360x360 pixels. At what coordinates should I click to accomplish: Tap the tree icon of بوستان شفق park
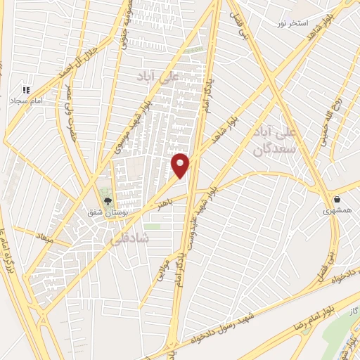107,202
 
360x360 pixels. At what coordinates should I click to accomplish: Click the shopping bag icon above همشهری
338,199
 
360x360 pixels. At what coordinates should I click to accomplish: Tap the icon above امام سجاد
26,91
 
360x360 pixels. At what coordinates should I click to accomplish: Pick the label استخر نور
292,24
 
